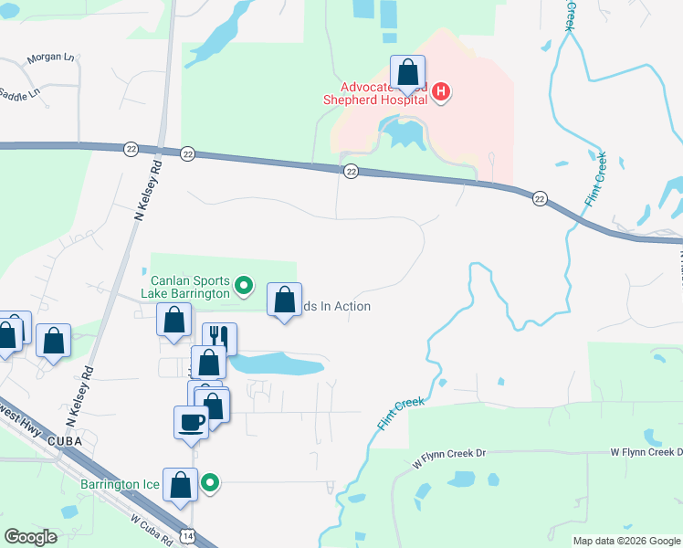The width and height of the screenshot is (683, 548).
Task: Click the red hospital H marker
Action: point(441,91)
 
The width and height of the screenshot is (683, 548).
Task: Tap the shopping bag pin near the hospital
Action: point(407,72)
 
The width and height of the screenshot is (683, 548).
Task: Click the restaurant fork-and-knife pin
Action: point(220,337)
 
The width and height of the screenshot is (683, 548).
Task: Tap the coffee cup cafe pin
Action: point(191,422)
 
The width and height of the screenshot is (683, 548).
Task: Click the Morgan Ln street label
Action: point(50,57)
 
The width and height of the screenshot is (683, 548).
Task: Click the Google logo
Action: point(31,537)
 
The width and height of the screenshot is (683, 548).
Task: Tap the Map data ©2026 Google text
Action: point(625,541)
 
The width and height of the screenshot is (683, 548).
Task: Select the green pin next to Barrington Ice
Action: point(210,483)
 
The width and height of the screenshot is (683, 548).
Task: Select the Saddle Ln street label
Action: point(19,94)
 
